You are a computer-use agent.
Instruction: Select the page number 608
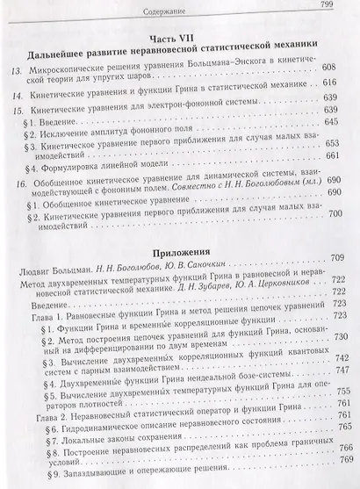(338, 67)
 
